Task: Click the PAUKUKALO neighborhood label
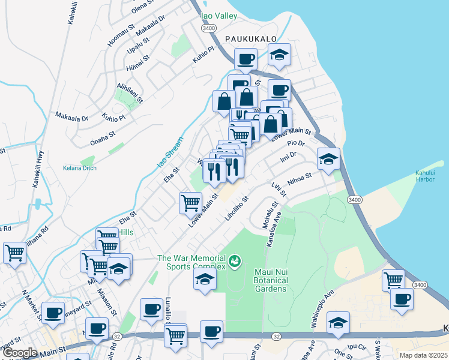click(x=250, y=38)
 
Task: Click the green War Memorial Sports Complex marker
click(x=235, y=260)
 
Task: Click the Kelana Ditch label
click(x=80, y=169)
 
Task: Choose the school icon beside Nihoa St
click(x=328, y=160)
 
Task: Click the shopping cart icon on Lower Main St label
click(x=190, y=202)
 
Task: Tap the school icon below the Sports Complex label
click(x=205, y=280)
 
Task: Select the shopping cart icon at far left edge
click(x=14, y=253)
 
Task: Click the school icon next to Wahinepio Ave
click(x=339, y=323)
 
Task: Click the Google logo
click(x=19, y=353)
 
